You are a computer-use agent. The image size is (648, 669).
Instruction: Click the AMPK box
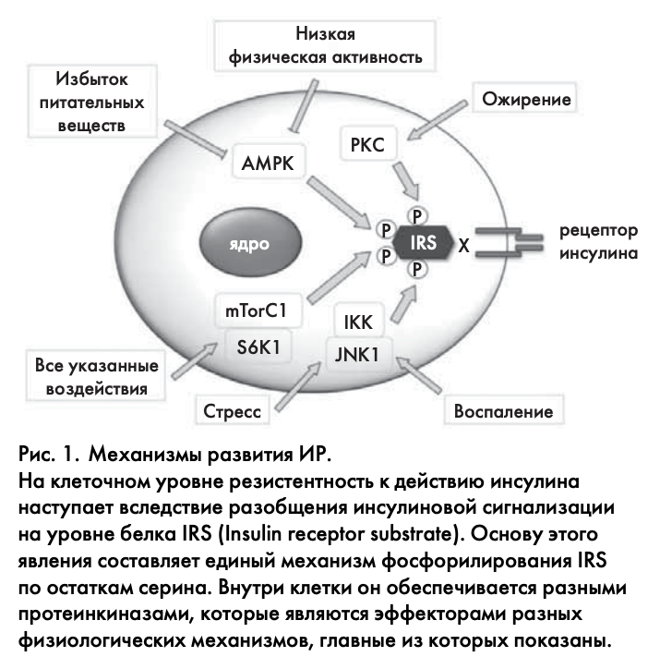267,164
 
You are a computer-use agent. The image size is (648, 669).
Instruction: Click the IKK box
358,322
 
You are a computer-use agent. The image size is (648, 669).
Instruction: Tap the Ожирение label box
522,99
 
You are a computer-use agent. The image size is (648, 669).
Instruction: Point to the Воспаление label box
504,410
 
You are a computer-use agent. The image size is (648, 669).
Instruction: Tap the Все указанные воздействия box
96,377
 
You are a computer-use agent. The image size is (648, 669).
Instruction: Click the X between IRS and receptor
463,247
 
